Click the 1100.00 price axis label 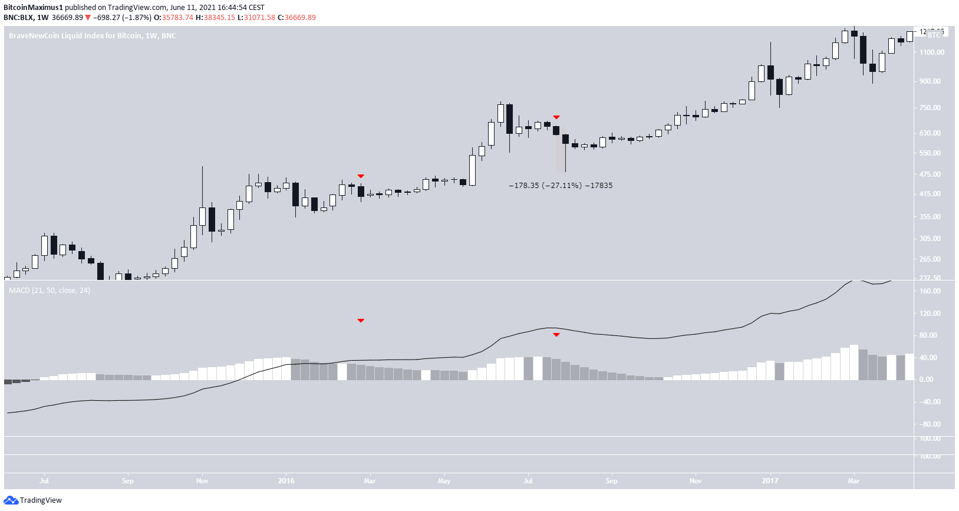pyautogui.click(x=931, y=52)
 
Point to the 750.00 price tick pyautogui.click(x=930, y=108)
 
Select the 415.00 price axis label pyautogui.click(x=930, y=194)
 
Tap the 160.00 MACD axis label pyautogui.click(x=930, y=291)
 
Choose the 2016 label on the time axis pyautogui.click(x=286, y=481)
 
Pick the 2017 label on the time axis pyautogui.click(x=770, y=481)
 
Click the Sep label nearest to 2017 pyautogui.click(x=612, y=481)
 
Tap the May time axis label pyautogui.click(x=444, y=481)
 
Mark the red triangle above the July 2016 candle pyautogui.click(x=556, y=117)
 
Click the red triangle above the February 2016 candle pyautogui.click(x=361, y=176)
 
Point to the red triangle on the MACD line pyautogui.click(x=556, y=335)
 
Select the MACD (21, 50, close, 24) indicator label pyautogui.click(x=50, y=291)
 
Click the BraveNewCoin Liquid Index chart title pyautogui.click(x=92, y=36)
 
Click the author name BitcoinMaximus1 pyautogui.click(x=33, y=8)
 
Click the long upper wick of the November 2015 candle pyautogui.click(x=202, y=186)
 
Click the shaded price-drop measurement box pyautogui.click(x=561, y=150)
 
